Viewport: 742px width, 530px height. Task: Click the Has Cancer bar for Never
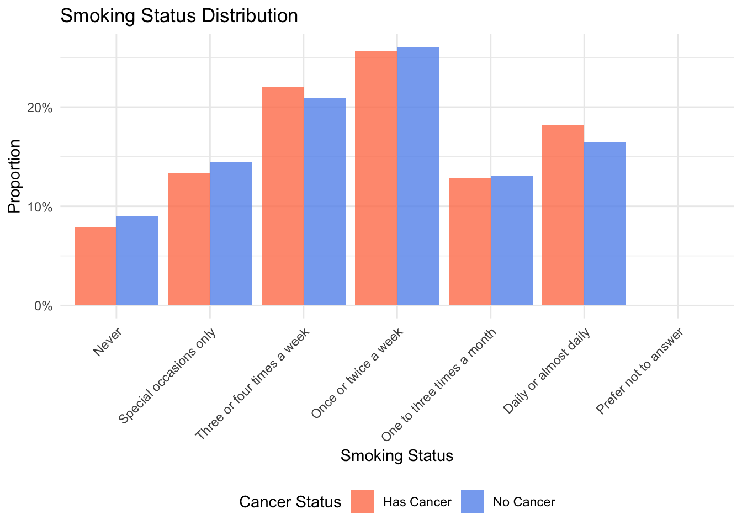[x=96, y=266]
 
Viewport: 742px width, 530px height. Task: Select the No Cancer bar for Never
[x=137, y=261]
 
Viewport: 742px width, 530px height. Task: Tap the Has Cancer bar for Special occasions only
[x=189, y=239]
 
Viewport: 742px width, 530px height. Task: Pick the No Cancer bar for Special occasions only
[x=231, y=234]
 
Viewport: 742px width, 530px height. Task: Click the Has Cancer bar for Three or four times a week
[x=282, y=196]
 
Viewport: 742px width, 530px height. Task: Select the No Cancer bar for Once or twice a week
[x=418, y=176]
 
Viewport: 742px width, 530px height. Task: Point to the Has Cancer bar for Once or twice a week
[x=376, y=178]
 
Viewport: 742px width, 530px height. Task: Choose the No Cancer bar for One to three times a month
[x=512, y=241]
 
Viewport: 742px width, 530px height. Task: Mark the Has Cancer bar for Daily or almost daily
[x=563, y=215]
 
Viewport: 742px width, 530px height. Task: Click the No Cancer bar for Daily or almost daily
[x=605, y=224]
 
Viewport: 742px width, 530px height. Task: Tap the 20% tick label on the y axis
[x=40, y=108]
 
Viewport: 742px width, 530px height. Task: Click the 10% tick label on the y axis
[x=40, y=207]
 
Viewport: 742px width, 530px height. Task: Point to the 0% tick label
[x=43, y=306]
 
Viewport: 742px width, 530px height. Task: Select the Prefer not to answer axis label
[x=640, y=370]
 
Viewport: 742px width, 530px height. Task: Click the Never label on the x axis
[x=108, y=342]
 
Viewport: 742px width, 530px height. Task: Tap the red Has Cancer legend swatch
[x=362, y=501]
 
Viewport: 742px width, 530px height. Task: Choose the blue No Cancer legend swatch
[x=473, y=501]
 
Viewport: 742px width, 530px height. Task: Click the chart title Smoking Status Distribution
[x=179, y=15]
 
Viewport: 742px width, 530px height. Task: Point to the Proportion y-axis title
[x=14, y=176]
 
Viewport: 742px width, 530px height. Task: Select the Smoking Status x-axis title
[x=397, y=455]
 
